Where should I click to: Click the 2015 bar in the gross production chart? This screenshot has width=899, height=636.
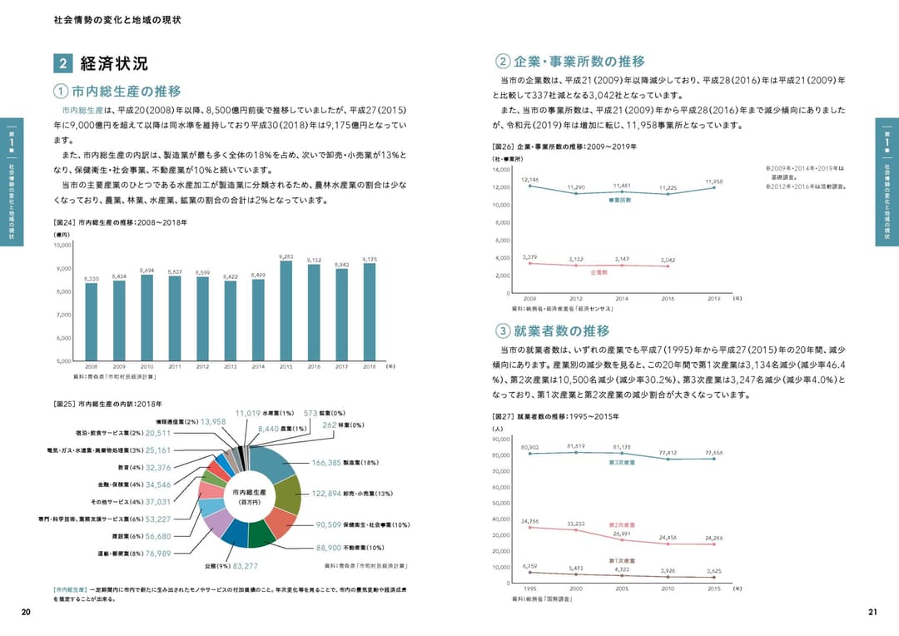(x=286, y=312)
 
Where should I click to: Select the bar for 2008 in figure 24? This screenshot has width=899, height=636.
(x=92, y=322)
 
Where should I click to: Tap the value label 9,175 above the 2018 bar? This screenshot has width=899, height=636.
(x=370, y=260)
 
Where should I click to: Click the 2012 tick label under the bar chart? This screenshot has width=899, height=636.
(x=202, y=366)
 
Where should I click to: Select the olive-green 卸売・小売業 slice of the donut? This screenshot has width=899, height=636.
(x=287, y=494)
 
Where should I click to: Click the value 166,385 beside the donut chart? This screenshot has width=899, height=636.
(x=325, y=463)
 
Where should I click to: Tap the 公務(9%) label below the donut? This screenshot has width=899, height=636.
(x=216, y=566)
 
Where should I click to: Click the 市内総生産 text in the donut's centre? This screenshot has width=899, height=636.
(x=249, y=492)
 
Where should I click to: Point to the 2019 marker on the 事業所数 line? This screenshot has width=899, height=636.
(x=713, y=187)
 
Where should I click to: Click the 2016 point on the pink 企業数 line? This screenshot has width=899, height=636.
(x=668, y=266)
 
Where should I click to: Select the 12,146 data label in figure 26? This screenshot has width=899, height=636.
(x=529, y=179)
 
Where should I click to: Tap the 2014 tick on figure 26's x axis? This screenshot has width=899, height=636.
(x=622, y=298)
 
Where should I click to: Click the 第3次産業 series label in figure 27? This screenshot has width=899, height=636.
(x=622, y=462)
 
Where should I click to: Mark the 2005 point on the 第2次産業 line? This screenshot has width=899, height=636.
(x=622, y=539)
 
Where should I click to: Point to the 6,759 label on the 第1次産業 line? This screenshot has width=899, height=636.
(x=529, y=566)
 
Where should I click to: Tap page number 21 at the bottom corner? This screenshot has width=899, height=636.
(x=872, y=613)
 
